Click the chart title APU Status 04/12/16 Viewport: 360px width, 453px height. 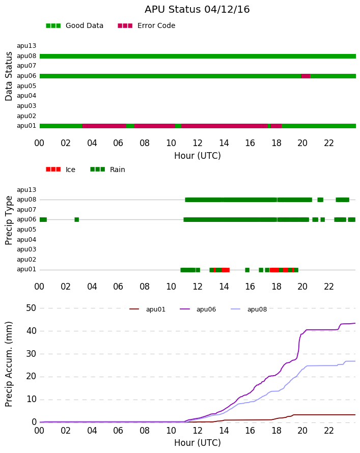click(197, 10)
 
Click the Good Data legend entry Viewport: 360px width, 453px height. click(74, 26)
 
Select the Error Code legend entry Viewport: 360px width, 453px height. click(147, 26)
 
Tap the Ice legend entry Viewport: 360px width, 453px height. click(61, 169)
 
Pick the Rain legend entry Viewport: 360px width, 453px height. click(107, 169)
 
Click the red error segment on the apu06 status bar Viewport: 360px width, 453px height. click(306, 76)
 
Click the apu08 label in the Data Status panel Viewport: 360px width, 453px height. click(26, 56)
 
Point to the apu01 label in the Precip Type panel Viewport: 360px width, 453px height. click(26, 269)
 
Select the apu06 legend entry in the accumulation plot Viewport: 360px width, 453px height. click(198, 309)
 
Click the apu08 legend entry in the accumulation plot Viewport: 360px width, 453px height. click(249, 309)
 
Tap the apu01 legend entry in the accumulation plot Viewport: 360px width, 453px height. click(147, 309)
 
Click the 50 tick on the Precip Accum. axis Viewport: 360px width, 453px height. click(31, 308)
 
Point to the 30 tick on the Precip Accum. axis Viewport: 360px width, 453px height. click(31, 354)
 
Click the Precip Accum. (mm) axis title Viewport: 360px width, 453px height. click(9, 364)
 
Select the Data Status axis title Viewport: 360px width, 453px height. click(9, 76)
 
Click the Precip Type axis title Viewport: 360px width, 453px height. click(9, 220)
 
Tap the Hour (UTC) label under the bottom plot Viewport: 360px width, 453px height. click(198, 443)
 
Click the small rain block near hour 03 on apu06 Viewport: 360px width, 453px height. click(76, 219)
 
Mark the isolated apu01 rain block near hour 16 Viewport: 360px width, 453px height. click(247, 270)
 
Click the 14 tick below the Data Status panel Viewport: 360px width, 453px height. click(224, 143)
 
